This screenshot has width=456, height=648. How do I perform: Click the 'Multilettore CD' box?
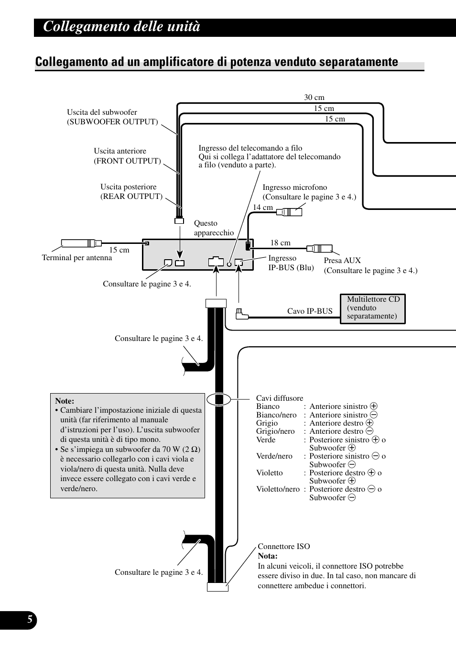click(372, 308)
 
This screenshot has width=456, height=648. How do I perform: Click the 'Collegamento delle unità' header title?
click(121, 27)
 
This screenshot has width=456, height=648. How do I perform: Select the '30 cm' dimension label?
click(314, 98)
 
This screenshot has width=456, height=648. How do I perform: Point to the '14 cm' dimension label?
click(262, 208)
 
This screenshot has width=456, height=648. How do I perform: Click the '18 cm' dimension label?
click(280, 243)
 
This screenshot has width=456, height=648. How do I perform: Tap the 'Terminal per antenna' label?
click(77, 258)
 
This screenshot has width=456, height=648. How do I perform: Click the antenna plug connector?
click(81, 243)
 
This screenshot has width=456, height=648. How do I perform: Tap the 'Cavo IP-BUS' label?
click(310, 311)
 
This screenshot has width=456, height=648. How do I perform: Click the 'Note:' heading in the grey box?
click(65, 401)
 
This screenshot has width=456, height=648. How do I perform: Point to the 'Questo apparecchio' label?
click(214, 228)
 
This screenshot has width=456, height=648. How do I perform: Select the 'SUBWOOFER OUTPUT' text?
click(112, 122)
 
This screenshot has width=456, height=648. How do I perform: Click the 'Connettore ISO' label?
click(283, 547)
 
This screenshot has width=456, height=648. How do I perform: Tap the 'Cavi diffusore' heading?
click(280, 398)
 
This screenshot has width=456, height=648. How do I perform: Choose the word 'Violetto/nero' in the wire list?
click(278, 489)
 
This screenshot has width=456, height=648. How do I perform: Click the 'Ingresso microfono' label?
click(295, 187)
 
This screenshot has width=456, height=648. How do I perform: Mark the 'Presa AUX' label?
click(342, 261)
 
